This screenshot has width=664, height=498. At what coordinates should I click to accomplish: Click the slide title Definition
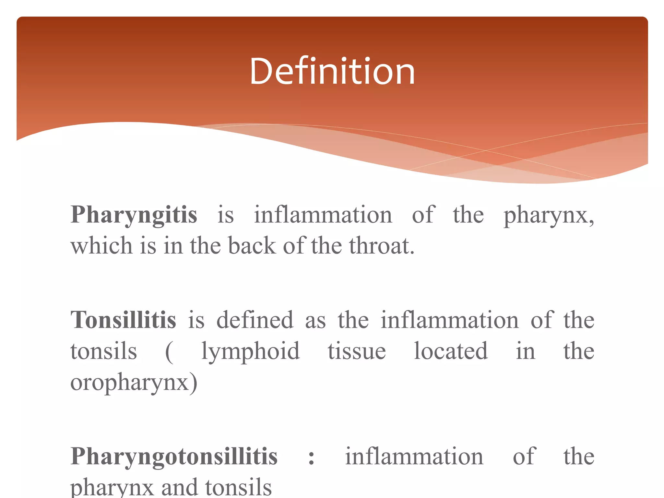click(x=332, y=71)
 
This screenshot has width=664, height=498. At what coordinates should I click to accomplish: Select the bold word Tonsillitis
click(x=123, y=320)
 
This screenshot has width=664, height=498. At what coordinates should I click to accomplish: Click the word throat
click(x=382, y=246)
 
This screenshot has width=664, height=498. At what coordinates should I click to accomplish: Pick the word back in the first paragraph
click(x=252, y=246)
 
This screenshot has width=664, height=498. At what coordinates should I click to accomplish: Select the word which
click(x=101, y=246)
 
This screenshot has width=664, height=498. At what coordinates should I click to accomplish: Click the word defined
click(x=255, y=320)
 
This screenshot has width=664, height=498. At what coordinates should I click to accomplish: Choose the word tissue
click(x=357, y=351)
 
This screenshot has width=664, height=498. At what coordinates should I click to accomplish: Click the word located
click(x=451, y=351)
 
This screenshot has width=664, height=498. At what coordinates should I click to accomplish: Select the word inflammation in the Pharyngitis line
click(x=323, y=215)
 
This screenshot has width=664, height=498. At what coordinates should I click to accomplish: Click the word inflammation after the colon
click(x=414, y=456)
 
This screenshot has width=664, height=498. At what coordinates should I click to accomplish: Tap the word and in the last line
click(x=179, y=488)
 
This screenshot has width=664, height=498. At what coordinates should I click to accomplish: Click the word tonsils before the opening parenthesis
click(x=104, y=351)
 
